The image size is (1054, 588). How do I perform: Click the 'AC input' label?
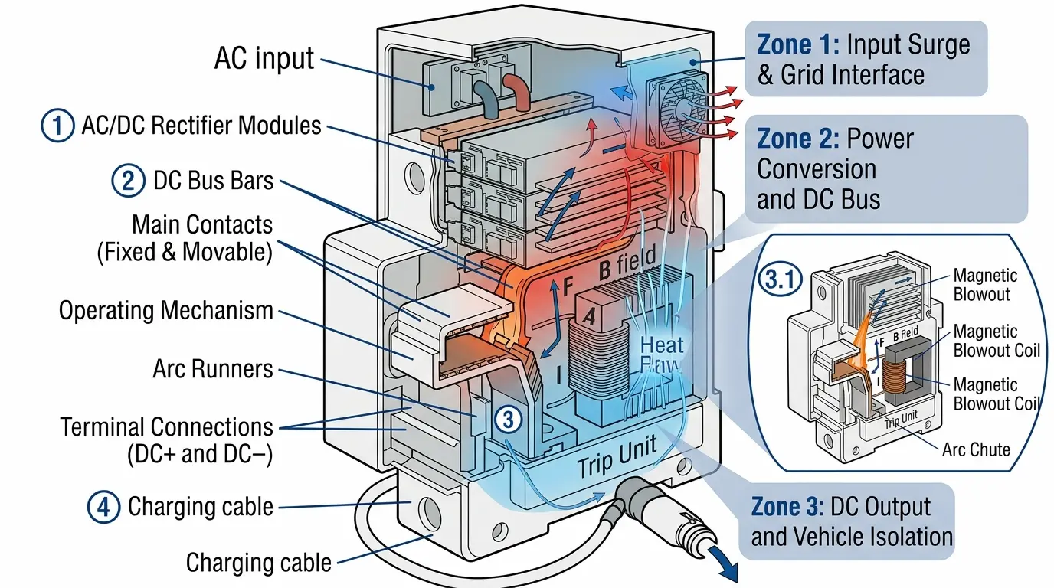264,58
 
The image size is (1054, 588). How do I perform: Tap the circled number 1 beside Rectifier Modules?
57,126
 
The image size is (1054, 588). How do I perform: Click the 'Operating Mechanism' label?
165,310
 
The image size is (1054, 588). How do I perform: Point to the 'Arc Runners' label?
213,368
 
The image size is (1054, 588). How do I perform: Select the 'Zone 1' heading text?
797,44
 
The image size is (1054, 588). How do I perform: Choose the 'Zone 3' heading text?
790,507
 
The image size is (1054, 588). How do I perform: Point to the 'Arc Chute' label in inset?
976,449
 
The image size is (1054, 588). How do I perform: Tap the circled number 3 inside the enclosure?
509,419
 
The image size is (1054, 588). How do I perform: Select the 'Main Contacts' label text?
202,224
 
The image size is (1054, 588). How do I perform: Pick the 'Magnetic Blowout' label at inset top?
985,284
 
